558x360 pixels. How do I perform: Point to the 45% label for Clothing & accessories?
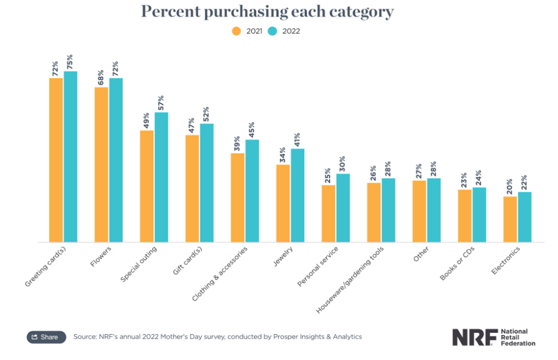pos(252,130)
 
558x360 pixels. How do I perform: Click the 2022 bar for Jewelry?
pos(297,195)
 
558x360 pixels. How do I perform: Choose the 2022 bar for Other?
pos(434,210)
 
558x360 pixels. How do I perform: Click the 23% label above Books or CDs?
pos(464,180)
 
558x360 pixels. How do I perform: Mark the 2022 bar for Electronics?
pos(525,216)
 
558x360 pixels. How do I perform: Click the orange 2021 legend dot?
pos(236,31)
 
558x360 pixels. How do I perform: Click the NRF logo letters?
pos(474,337)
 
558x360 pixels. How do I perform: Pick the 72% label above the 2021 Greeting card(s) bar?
pos(55,68)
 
